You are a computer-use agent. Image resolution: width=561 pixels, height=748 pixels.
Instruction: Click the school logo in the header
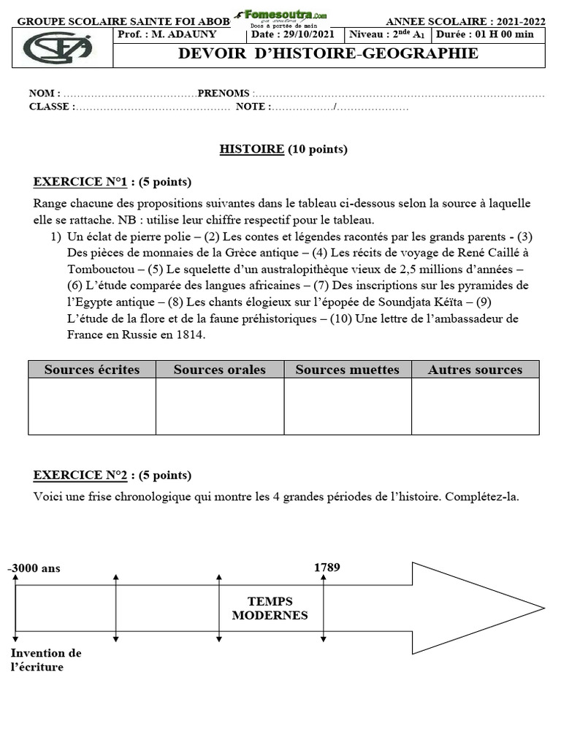point(58,48)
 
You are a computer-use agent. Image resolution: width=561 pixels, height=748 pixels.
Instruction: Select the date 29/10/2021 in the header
point(310,34)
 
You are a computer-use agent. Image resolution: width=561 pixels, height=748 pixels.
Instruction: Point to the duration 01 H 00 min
point(494,34)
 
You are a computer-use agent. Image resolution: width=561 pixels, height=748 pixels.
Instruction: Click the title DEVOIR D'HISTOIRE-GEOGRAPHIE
point(329,53)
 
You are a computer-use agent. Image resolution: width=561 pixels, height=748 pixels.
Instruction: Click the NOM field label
point(43,94)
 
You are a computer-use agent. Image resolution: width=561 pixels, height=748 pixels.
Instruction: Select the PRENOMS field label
point(224,94)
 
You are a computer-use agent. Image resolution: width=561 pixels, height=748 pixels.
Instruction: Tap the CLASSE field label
point(50,107)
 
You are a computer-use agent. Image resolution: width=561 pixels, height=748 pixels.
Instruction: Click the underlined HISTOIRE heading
point(252,150)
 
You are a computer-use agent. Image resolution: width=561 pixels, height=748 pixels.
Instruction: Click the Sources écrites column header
point(92,370)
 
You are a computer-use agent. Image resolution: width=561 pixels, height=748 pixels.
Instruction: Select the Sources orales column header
point(220,370)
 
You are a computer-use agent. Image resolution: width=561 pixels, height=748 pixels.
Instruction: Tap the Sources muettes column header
point(348,370)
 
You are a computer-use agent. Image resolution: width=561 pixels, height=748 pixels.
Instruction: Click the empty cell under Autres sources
point(476,406)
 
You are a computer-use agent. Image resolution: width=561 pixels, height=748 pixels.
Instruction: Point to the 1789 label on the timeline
point(327,568)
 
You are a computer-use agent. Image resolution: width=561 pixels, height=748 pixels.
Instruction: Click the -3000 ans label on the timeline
point(34,568)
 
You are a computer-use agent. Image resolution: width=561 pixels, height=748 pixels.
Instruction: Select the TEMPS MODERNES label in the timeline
point(270,608)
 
